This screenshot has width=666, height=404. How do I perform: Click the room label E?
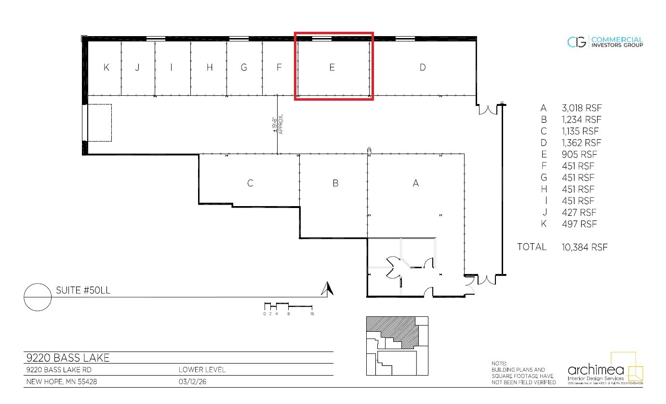tap(332, 67)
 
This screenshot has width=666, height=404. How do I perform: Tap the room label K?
tap(106, 67)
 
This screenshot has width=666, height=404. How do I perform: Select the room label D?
tap(423, 67)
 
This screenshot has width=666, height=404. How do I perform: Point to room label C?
tap(250, 183)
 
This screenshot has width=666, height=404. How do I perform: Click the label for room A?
tap(416, 183)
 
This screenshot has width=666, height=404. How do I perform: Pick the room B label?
tap(335, 183)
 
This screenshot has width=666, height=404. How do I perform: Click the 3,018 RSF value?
tap(582, 108)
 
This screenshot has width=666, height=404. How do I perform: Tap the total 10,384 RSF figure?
tap(585, 247)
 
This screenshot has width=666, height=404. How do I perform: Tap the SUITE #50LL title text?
tap(83, 290)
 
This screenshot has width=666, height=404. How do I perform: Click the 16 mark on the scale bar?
tap(312, 313)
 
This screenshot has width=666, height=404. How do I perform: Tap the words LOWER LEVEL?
tap(201, 370)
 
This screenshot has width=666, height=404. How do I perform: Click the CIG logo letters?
tap(577, 42)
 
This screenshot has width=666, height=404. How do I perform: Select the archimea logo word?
tap(596, 370)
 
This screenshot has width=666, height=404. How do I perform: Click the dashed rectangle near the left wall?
tap(100, 123)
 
